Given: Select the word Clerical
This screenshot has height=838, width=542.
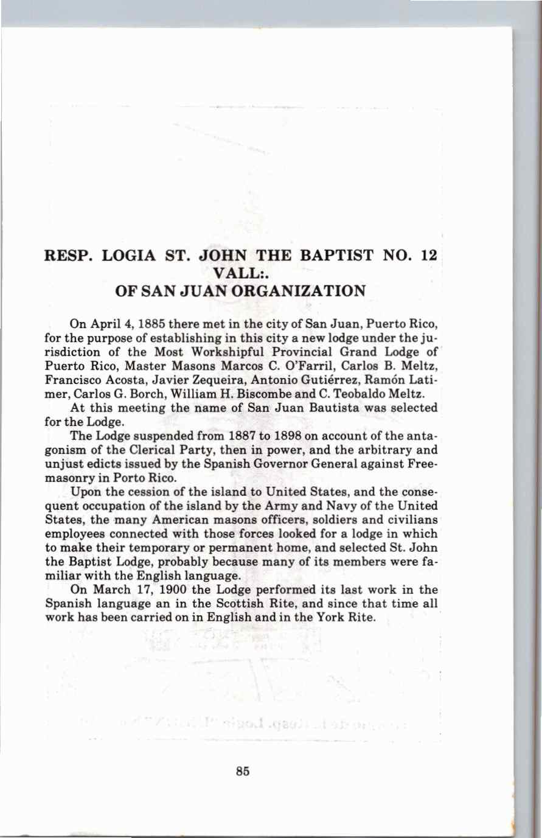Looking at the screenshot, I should coord(139,449).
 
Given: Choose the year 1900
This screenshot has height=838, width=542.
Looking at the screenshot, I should coord(170,589).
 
